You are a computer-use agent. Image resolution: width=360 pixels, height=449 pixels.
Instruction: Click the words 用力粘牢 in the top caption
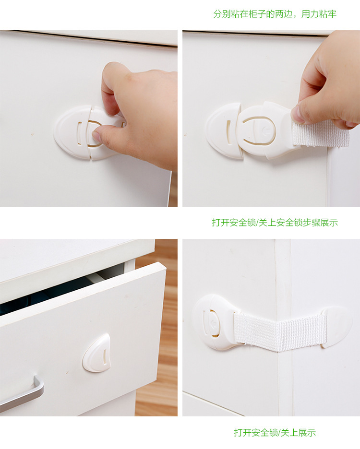click(x=319, y=14)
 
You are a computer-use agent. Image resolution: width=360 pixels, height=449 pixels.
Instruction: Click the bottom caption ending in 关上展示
click(x=275, y=433)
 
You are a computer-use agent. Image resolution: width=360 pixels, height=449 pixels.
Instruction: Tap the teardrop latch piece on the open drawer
click(x=97, y=353)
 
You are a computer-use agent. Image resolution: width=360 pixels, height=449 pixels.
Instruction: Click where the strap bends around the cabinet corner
click(x=279, y=332)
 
